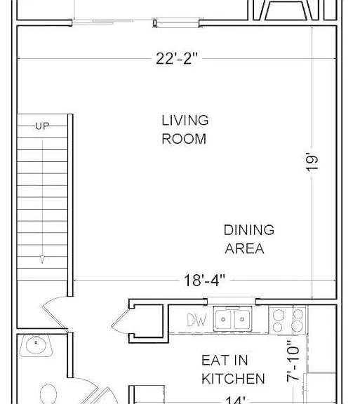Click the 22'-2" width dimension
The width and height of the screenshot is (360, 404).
click(x=177, y=58)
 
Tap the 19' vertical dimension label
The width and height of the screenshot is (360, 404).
click(x=312, y=163)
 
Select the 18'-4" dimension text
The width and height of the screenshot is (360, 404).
click(x=204, y=280)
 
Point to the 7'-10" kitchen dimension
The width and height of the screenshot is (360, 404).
click(x=293, y=361)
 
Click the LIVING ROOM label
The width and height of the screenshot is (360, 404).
click(x=185, y=130)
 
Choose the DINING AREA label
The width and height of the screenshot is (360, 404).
click(x=249, y=239)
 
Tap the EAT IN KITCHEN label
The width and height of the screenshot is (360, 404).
click(x=233, y=369)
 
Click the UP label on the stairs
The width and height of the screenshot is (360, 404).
click(x=43, y=126)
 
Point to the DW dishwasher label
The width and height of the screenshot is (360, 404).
click(x=197, y=320)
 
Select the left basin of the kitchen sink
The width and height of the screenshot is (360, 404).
click(x=223, y=320)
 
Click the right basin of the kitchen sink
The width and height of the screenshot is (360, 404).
click(x=242, y=320)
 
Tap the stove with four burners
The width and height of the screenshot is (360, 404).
click(x=288, y=321)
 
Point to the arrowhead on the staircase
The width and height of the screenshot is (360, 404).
click(x=42, y=260)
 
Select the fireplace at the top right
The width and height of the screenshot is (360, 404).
click(x=286, y=11)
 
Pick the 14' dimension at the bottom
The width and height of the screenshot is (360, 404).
click(x=236, y=400)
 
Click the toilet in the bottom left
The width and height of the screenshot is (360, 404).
click(x=48, y=394)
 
